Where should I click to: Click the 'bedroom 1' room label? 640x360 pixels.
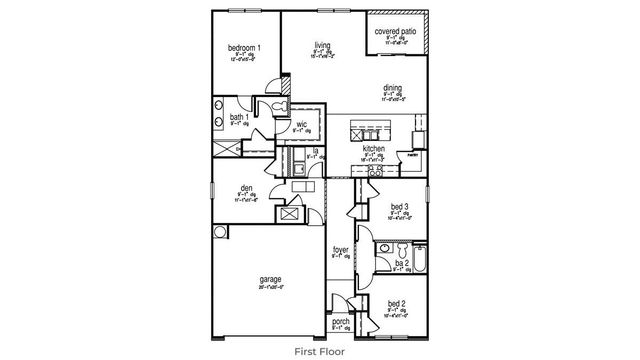(244, 48)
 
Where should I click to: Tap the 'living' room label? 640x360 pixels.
(322, 45)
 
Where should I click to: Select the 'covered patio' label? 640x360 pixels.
(396, 32)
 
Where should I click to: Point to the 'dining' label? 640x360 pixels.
(392, 88)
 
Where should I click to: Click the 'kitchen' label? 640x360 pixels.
(373, 148)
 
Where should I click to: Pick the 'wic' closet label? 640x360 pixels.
(301, 124)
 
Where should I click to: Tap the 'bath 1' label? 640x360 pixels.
(239, 117)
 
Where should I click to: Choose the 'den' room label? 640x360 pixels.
(246, 188)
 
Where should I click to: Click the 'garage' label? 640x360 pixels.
(270, 280)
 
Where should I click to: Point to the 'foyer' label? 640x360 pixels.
(341, 250)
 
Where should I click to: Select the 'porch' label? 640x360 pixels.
(341, 321)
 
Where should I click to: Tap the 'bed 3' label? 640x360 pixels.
(400, 207)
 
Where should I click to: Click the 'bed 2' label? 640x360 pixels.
(397, 303)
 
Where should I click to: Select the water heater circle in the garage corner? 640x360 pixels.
(220, 232)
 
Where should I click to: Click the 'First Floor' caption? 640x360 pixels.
(320, 351)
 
